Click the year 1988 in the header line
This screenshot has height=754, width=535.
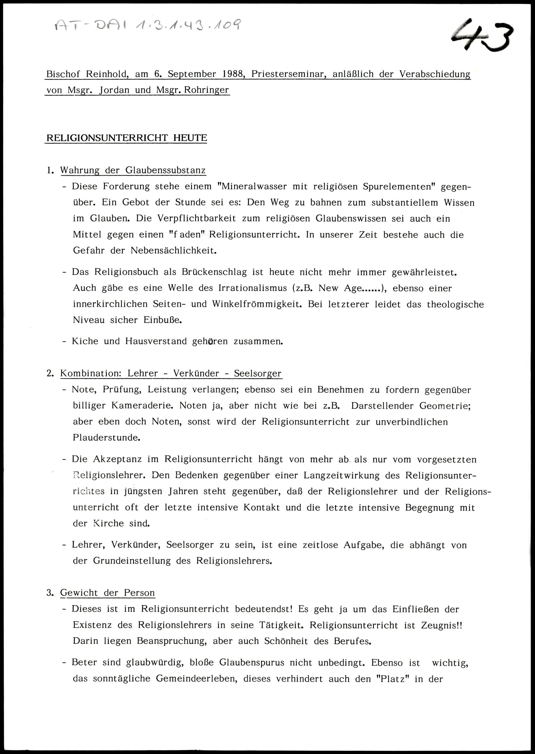[x=233, y=74]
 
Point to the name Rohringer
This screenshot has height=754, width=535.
[x=206, y=90]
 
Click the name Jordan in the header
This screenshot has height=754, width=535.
[x=114, y=90]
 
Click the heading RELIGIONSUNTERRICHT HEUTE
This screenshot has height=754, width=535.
[x=127, y=138]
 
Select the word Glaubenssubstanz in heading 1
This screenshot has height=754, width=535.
[x=165, y=170]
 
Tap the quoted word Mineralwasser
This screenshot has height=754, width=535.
[x=255, y=186]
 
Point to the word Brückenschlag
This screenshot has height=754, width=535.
[x=214, y=272]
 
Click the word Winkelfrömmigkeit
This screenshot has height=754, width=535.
[x=257, y=304]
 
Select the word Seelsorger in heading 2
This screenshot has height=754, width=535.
[x=258, y=373]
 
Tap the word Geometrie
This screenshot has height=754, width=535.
[x=445, y=406]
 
